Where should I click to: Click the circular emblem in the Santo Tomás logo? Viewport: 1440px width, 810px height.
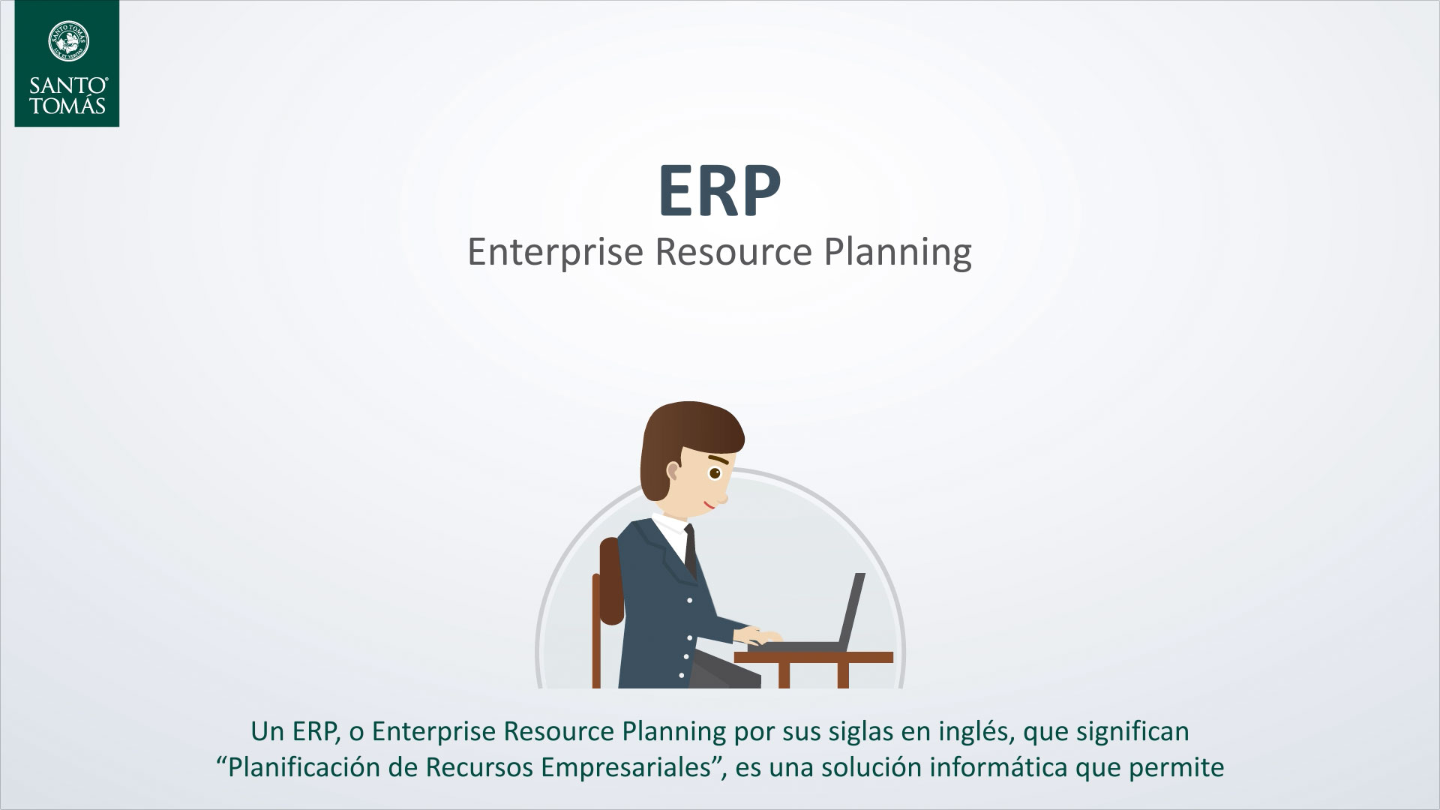pos(67,41)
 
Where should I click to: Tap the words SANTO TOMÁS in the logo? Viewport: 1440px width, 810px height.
pos(67,94)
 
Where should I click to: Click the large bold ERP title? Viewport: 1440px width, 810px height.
pos(719,191)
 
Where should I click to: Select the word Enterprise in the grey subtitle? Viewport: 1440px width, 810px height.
pos(556,252)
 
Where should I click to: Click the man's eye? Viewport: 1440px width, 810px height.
pos(715,473)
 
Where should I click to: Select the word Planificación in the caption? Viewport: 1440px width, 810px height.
pos(307,769)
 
